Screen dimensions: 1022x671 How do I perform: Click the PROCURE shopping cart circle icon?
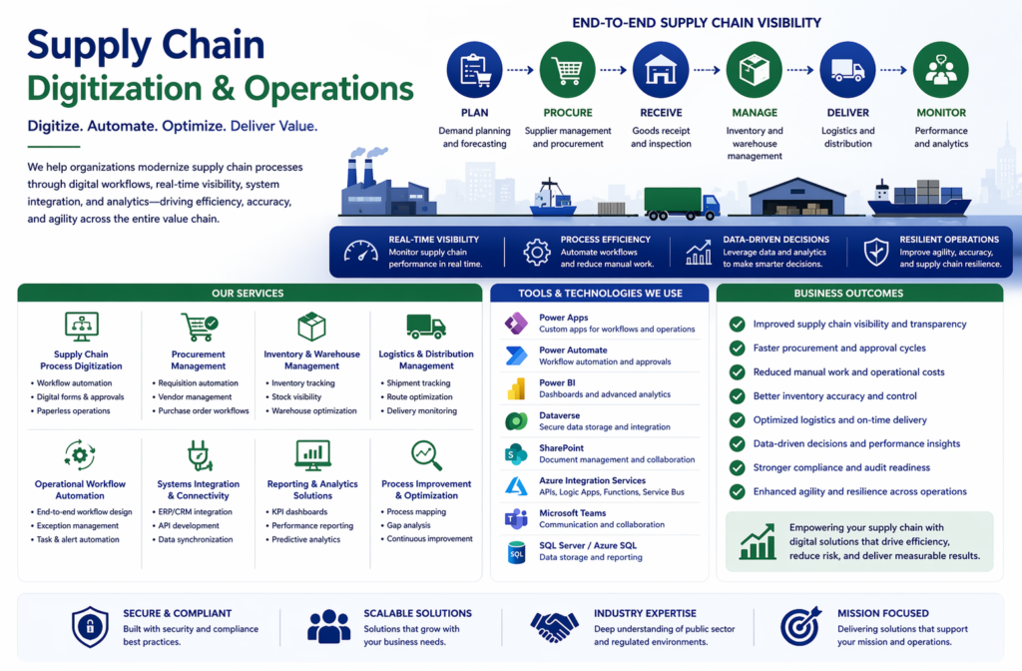pyautogui.click(x=567, y=70)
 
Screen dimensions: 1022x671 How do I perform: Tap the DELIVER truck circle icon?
pyautogui.click(x=847, y=70)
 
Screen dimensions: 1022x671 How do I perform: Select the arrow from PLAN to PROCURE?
pyautogui.click(x=520, y=70)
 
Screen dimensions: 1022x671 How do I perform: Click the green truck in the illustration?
pyautogui.click(x=682, y=204)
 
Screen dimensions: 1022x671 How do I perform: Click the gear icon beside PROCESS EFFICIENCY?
pyautogui.click(x=536, y=253)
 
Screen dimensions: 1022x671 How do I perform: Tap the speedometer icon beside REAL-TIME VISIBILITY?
pyautogui.click(x=360, y=252)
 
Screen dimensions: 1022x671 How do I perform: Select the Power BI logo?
pyautogui.click(x=516, y=388)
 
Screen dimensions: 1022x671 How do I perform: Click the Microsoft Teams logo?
pyautogui.click(x=516, y=519)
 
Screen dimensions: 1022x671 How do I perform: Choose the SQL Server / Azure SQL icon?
pyautogui.click(x=516, y=552)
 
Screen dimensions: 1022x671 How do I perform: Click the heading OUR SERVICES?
pyautogui.click(x=248, y=294)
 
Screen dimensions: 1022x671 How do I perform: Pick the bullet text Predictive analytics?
pyautogui.click(x=305, y=539)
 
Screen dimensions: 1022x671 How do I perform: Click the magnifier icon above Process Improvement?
pyautogui.click(x=426, y=455)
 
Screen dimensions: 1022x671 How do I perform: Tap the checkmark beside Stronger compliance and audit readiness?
pyautogui.click(x=738, y=467)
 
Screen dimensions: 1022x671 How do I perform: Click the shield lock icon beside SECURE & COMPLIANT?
pyautogui.click(x=90, y=627)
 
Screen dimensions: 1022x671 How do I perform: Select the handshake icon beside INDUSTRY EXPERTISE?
pyautogui.click(x=554, y=627)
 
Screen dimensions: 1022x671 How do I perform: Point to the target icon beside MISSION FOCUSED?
pyautogui.click(x=800, y=627)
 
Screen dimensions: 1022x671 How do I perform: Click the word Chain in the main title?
pyautogui.click(x=213, y=46)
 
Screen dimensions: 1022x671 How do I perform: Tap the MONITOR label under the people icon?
pyautogui.click(x=941, y=113)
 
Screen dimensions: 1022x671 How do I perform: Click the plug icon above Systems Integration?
pyautogui.click(x=200, y=455)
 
